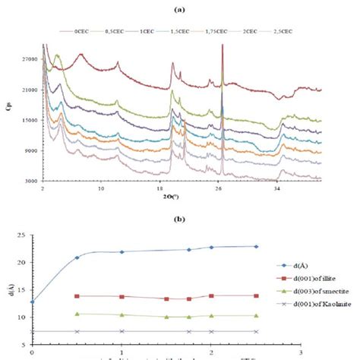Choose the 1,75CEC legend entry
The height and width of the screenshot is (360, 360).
pos(220,32)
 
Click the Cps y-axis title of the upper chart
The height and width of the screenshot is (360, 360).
pos(7,108)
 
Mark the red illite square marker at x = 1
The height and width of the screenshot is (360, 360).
pos(122,297)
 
